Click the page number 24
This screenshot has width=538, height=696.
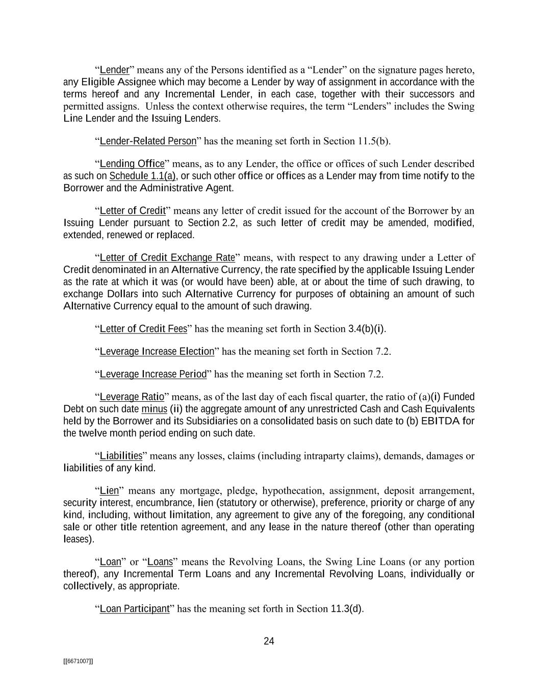click(x=269, y=641)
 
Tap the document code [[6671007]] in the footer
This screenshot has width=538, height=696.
click(x=78, y=661)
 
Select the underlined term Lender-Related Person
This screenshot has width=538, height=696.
click(x=148, y=141)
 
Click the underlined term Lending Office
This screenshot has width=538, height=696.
click(x=132, y=164)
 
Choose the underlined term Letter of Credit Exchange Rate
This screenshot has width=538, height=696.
click(x=167, y=257)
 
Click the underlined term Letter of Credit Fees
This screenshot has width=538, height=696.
click(x=144, y=329)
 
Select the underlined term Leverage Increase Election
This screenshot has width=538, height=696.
click(x=157, y=351)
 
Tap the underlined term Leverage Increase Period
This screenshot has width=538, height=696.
click(x=153, y=374)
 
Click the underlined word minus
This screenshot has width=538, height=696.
click(x=154, y=409)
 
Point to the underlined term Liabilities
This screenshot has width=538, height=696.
click(x=121, y=455)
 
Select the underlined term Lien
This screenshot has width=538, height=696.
click(x=109, y=491)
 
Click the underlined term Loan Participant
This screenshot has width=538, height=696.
click(x=135, y=609)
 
